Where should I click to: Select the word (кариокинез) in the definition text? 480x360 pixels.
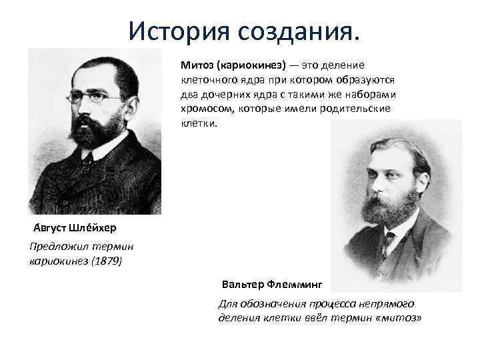pos(251,65)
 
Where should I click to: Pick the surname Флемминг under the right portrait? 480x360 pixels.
pos(295,284)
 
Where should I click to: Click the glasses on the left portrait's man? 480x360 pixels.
pos(100,98)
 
